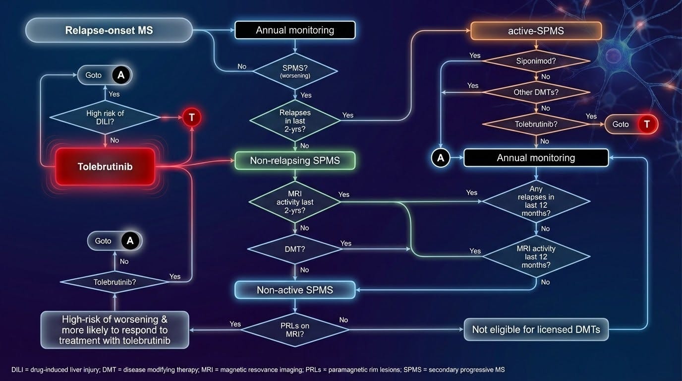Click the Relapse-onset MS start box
click(x=109, y=30)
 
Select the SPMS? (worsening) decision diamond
click(x=295, y=71)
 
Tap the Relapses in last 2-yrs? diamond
click(x=295, y=121)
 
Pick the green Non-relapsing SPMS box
click(x=295, y=161)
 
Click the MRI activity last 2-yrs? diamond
click(x=295, y=202)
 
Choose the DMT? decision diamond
click(x=295, y=249)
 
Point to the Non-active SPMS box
click(x=295, y=290)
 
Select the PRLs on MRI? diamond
click(x=295, y=330)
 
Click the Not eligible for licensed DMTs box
click(x=536, y=329)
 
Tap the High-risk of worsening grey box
click(x=115, y=330)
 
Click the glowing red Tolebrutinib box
click(x=105, y=167)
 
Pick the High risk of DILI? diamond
click(x=105, y=118)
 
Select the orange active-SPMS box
click(x=536, y=31)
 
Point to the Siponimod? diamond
click(x=536, y=61)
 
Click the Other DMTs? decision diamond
click(x=536, y=92)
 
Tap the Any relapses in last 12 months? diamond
click(x=536, y=201)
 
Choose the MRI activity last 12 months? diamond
click(x=536, y=256)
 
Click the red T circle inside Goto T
click(x=647, y=124)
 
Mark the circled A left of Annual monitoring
click(x=441, y=158)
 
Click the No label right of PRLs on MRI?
click(x=343, y=320)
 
